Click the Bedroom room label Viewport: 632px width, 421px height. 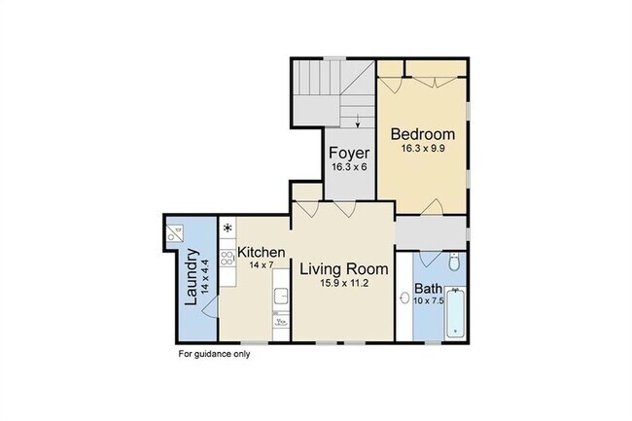point(423,134)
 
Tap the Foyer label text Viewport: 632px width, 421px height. point(349,153)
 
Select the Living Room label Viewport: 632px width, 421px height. point(344,269)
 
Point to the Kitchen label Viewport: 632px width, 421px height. point(262,253)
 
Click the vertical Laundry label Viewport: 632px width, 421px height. point(191,277)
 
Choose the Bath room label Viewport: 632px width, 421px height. point(428,289)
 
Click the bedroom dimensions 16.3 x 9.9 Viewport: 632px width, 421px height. point(423,148)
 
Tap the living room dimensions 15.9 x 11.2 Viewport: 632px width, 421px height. point(344,283)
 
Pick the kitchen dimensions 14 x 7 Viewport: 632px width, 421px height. point(262,265)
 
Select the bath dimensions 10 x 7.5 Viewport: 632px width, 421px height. point(429,300)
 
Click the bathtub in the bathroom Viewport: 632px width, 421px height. point(456,313)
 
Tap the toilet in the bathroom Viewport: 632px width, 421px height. point(454,263)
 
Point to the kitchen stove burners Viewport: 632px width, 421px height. point(228,258)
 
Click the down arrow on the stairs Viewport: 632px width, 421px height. point(358,121)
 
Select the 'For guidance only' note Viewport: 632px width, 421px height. point(215,354)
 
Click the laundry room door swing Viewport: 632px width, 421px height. point(210,308)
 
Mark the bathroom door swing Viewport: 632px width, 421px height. point(431,259)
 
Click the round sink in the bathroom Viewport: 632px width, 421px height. point(404,298)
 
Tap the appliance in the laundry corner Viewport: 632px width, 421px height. point(175,232)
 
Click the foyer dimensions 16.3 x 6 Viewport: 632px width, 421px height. point(349,167)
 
